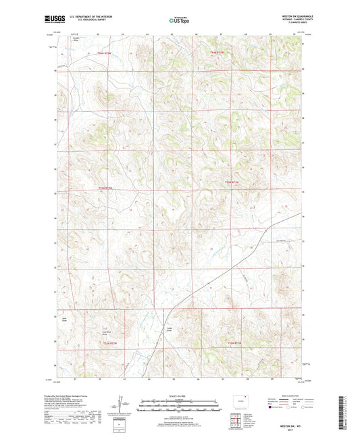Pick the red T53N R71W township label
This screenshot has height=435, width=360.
232,182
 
